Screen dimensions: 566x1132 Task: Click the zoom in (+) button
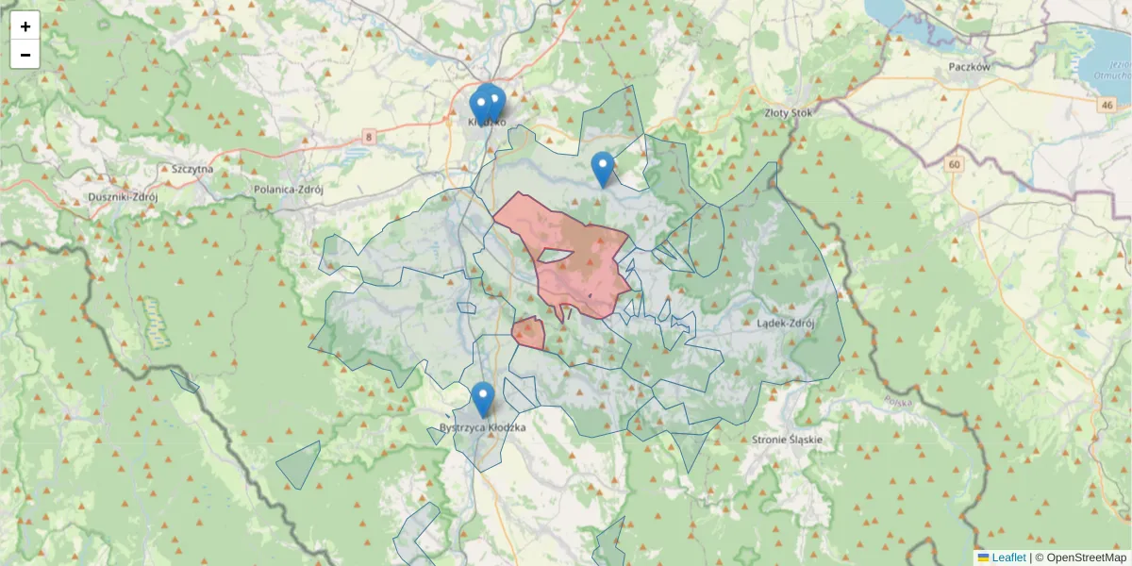[25, 26]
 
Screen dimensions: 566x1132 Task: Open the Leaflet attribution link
[1008, 558]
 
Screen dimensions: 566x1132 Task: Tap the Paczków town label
[969, 68]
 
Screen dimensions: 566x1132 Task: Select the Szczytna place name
[192, 169]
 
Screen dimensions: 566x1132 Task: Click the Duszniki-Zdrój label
[122, 197]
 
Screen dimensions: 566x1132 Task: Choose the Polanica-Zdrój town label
[289, 189]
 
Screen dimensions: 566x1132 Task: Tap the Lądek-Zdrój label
[785, 324]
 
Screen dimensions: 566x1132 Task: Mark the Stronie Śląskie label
[788, 440]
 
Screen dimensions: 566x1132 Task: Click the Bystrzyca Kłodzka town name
[482, 428]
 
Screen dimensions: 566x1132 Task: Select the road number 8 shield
[368, 138]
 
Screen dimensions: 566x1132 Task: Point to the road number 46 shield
[1106, 105]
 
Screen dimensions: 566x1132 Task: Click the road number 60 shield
[956, 164]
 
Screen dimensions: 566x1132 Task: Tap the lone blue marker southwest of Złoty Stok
[602, 169]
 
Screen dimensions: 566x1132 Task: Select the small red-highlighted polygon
[528, 333]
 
